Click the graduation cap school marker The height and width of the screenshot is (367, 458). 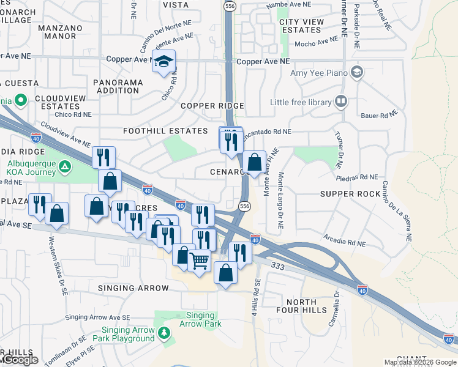pyautogui.click(x=163, y=61)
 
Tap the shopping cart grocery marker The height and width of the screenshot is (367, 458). pyautogui.click(x=200, y=261)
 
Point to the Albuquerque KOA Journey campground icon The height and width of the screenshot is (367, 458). pyautogui.click(x=64, y=165)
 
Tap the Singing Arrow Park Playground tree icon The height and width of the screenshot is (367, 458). pyautogui.click(x=163, y=333)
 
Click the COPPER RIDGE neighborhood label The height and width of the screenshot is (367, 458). pyautogui.click(x=212, y=106)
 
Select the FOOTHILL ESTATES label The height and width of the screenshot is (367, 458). pyautogui.click(x=165, y=131)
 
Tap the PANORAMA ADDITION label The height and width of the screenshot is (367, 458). pyautogui.click(x=117, y=86)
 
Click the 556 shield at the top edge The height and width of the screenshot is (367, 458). pyautogui.click(x=230, y=6)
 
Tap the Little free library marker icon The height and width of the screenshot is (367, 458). pyautogui.click(x=341, y=101)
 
